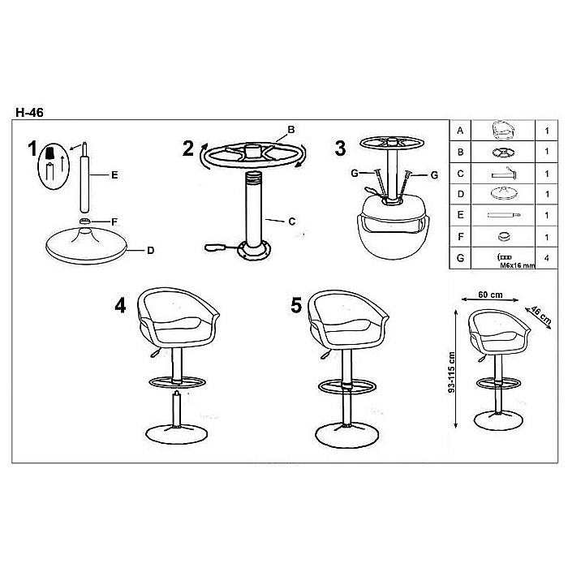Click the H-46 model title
point(29,112)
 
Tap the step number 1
point(32,148)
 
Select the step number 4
point(120,305)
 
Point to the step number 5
point(296,305)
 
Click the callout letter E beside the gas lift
point(114,175)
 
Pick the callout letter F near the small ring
point(114,222)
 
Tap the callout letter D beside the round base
point(151,250)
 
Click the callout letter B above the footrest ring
point(290,129)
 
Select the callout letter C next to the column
point(292,222)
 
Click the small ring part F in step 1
point(84,221)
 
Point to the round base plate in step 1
point(86,245)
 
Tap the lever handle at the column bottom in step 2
point(215,247)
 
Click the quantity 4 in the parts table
point(546,258)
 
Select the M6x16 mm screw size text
point(518,265)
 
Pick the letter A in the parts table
point(460,131)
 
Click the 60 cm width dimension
point(490,295)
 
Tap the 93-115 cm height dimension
point(451,372)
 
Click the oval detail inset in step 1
point(54,166)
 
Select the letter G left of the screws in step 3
point(355,173)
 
